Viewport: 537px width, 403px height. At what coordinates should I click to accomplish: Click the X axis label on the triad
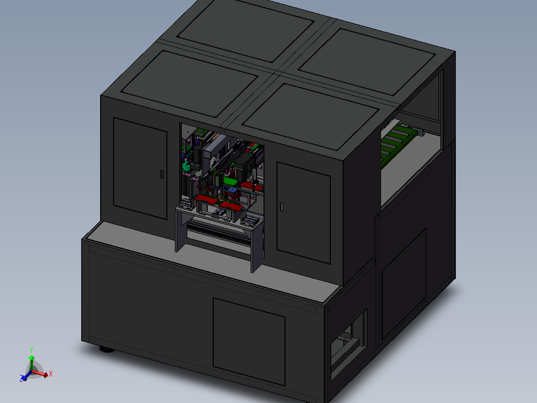(x=51, y=374)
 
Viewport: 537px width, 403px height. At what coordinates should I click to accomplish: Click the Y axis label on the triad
(x=31, y=350)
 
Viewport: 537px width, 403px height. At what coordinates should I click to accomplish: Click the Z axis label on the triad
(x=22, y=379)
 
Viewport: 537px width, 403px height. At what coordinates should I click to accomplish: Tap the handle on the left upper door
(x=161, y=174)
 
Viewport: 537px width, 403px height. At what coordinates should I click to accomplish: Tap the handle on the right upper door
(x=282, y=206)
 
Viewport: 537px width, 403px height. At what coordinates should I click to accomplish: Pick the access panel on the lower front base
(x=249, y=342)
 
